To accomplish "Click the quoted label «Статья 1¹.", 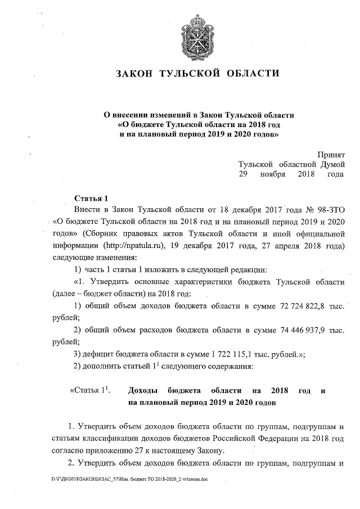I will tap(89, 390).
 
